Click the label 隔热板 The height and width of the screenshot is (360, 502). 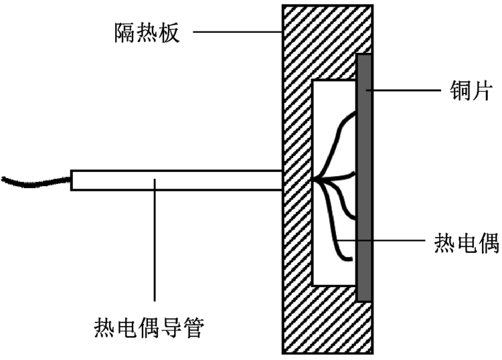click(146, 31)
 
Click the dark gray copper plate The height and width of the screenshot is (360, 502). click(364, 177)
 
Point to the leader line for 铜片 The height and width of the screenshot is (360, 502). click(402, 90)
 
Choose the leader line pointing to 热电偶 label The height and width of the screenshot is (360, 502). click(388, 242)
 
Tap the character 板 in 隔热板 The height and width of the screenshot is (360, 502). click(169, 31)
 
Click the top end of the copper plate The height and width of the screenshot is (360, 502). click(364, 58)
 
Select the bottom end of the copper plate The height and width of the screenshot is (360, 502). click(364, 297)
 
